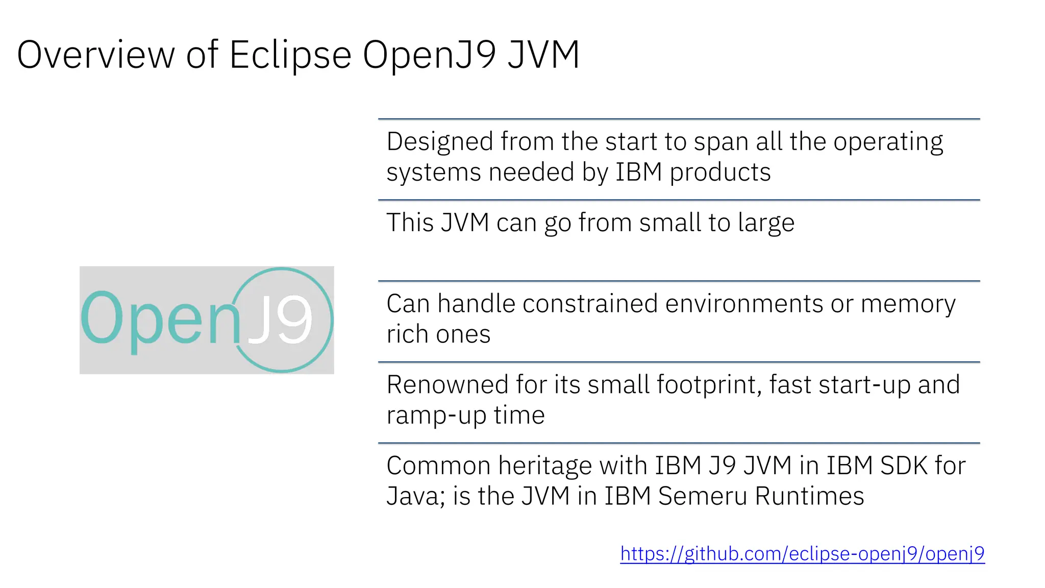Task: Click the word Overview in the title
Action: click(x=96, y=55)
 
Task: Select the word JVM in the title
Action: click(x=543, y=55)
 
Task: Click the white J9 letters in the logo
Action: click(x=280, y=320)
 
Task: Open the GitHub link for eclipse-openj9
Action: click(x=802, y=553)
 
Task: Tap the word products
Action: click(x=720, y=172)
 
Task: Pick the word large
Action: click(x=765, y=223)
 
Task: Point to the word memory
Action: click(x=908, y=304)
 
